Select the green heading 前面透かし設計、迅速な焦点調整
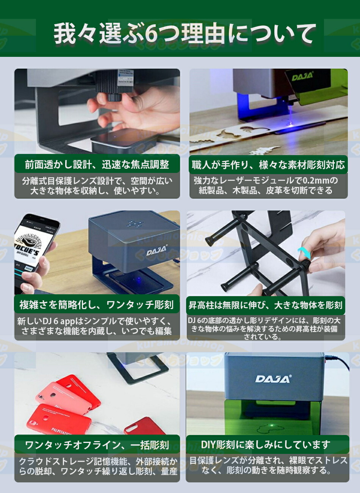click(97, 165)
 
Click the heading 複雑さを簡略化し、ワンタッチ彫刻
click(97, 305)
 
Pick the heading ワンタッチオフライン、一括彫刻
click(97, 445)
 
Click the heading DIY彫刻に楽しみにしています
click(265, 445)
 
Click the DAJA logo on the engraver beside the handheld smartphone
click(157, 251)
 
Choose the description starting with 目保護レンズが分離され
click(268, 466)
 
